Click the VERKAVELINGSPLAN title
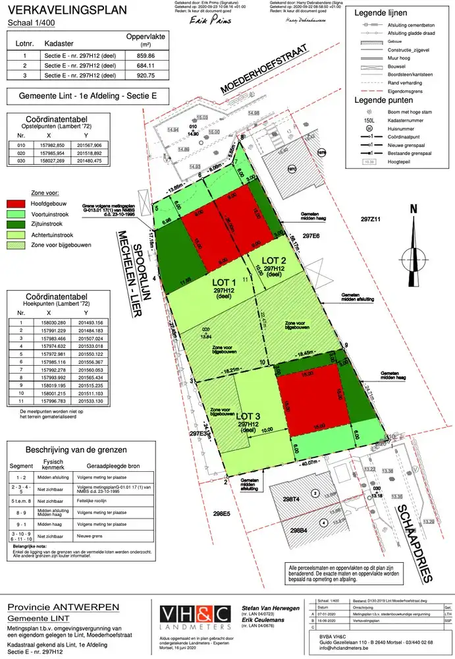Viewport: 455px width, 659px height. (57, 10)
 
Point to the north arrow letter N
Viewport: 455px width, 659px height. (414, 210)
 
